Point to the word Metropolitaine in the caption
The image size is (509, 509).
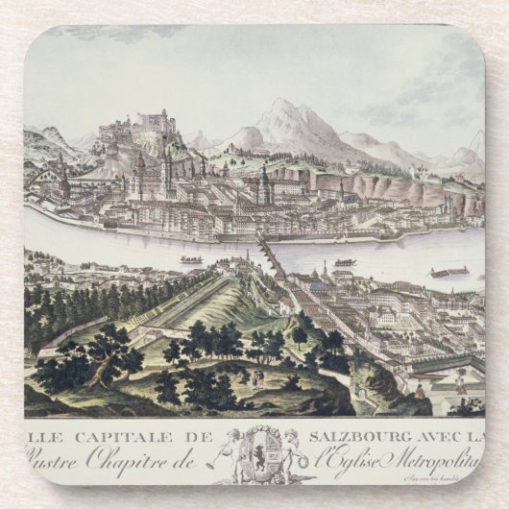pyautogui.click(x=438, y=453)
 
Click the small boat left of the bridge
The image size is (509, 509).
pyautogui.click(x=191, y=259)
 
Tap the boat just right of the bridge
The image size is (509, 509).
pyautogui.click(x=345, y=261)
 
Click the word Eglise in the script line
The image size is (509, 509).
pyautogui.click(x=369, y=453)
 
